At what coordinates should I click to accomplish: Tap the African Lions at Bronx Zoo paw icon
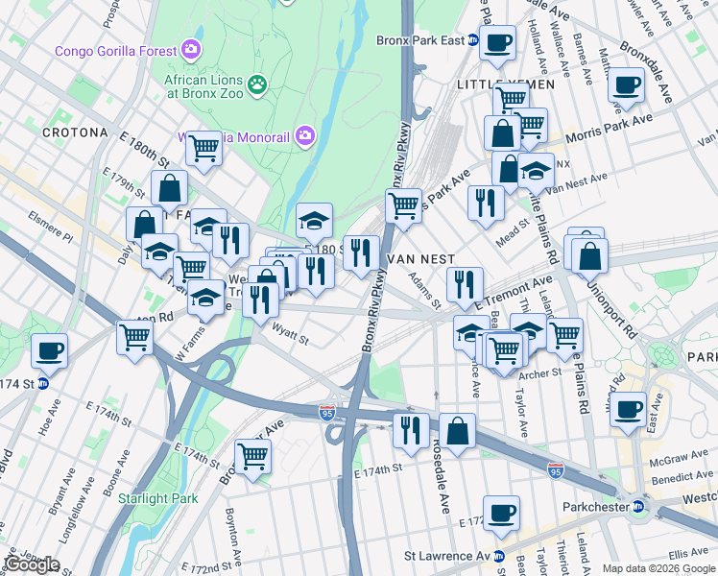tap(257, 85)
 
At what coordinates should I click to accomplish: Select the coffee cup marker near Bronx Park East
tap(497, 43)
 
